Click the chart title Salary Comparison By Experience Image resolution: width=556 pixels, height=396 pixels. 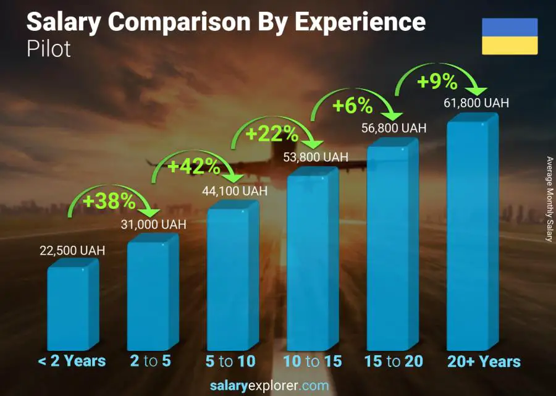click(226, 23)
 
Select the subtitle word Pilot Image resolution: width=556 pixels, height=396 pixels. click(49, 49)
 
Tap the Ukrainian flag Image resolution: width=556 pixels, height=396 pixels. click(510, 36)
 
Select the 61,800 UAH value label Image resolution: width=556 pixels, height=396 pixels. click(476, 103)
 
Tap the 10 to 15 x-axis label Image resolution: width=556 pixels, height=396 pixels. click(312, 361)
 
